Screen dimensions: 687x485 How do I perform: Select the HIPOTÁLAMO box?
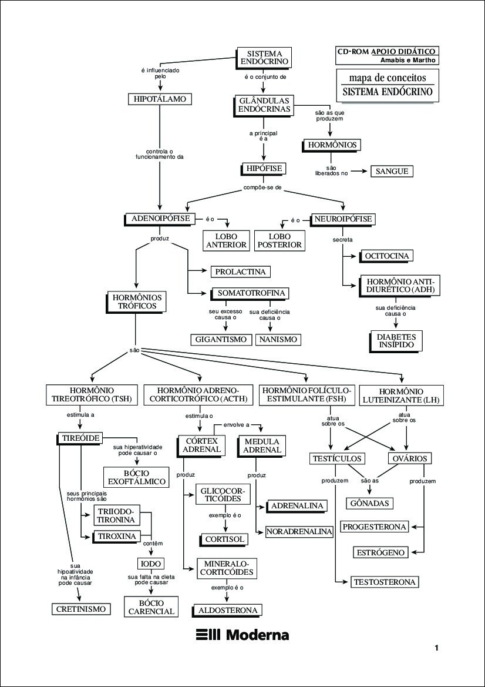(x=160, y=99)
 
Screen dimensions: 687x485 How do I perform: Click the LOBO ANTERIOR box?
(x=226, y=240)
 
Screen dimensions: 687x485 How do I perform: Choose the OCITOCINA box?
(x=386, y=256)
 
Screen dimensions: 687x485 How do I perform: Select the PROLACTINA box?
(x=240, y=272)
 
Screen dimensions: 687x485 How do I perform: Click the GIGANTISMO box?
(x=221, y=339)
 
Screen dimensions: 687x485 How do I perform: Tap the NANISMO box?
(x=278, y=339)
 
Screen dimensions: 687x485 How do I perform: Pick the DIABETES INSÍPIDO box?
(x=396, y=341)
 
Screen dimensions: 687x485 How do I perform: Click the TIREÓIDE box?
(x=80, y=438)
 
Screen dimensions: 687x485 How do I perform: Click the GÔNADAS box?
(x=370, y=503)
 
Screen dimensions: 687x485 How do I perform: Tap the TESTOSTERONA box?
(x=385, y=582)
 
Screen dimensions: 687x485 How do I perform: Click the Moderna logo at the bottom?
(x=242, y=635)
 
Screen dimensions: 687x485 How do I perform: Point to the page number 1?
(x=437, y=649)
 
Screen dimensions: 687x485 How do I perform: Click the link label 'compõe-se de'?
(x=262, y=188)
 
